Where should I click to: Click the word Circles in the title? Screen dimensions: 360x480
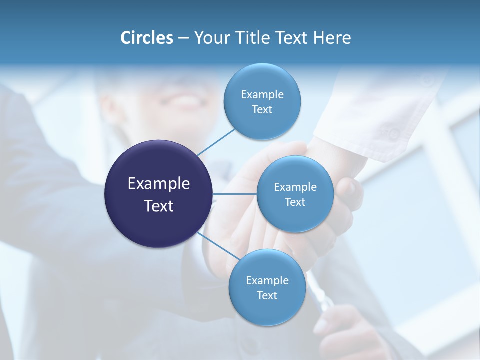147,38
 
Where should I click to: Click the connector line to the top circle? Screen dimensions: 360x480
216,142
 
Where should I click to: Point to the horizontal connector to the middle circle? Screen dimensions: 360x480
234,194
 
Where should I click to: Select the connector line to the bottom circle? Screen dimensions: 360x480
218,246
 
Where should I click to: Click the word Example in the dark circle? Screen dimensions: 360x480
158,184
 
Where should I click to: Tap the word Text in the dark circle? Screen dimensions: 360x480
158,206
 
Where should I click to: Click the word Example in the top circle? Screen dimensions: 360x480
262,95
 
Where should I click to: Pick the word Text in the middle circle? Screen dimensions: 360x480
295,202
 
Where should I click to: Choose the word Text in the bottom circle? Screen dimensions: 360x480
267,296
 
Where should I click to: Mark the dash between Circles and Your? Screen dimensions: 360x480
183,38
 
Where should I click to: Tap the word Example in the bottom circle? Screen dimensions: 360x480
267,281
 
